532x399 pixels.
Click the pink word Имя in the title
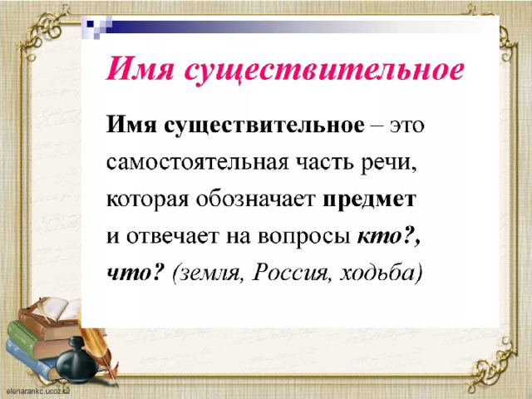(140, 70)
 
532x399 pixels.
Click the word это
(406, 126)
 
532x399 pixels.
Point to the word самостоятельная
(197, 163)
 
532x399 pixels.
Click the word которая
(147, 199)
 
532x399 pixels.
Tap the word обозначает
(255, 199)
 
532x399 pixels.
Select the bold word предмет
(369, 200)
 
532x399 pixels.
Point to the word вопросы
(303, 237)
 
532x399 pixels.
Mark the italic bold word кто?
(388, 235)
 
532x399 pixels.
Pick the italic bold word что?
(135, 273)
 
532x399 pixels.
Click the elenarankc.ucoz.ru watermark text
(37, 391)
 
